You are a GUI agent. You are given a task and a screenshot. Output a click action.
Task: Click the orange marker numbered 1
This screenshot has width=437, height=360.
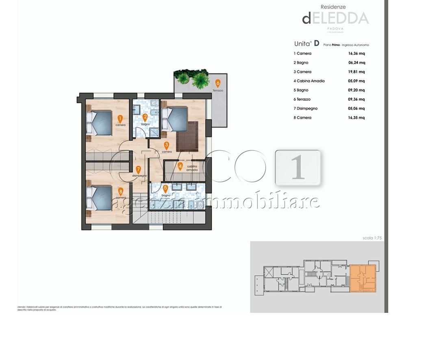pyautogui.click(x=120, y=119)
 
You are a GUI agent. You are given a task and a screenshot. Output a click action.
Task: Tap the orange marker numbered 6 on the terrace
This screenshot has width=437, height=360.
pyautogui.click(x=218, y=83)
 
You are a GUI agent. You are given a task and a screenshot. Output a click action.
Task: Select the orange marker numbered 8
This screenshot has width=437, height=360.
pyautogui.click(x=120, y=191)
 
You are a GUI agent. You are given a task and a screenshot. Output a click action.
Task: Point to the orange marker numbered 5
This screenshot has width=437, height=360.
pyautogui.click(x=165, y=189)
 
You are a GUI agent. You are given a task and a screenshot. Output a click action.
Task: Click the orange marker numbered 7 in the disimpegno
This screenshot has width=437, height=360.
pyautogui.click(x=138, y=169)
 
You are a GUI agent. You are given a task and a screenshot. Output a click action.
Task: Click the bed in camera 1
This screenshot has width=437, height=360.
pyautogui.click(x=100, y=123)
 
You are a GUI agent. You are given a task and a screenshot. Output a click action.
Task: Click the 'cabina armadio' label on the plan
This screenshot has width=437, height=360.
pyautogui.click(x=192, y=168)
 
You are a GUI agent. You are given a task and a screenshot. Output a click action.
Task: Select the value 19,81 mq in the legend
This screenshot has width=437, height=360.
pyautogui.click(x=357, y=72)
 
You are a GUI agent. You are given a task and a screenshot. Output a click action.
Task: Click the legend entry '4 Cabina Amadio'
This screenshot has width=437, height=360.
pyautogui.click(x=309, y=81)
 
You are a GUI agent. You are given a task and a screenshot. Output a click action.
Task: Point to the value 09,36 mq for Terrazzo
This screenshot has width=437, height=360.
pyautogui.click(x=357, y=99)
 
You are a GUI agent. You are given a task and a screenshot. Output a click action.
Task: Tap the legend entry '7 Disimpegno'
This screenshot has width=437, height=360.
pyautogui.click(x=306, y=108)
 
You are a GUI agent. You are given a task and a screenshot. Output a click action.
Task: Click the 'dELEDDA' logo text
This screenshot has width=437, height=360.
pyautogui.click(x=335, y=18)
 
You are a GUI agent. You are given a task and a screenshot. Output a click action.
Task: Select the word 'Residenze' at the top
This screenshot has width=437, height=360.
pyautogui.click(x=333, y=7)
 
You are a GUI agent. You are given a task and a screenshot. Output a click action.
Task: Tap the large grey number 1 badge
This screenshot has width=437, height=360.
pyautogui.click(x=298, y=167)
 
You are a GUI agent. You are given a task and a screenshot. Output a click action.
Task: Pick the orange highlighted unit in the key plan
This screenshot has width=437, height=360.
pyautogui.click(x=363, y=278)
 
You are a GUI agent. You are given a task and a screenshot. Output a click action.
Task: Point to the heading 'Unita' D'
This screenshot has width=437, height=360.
pyautogui.click(x=307, y=44)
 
